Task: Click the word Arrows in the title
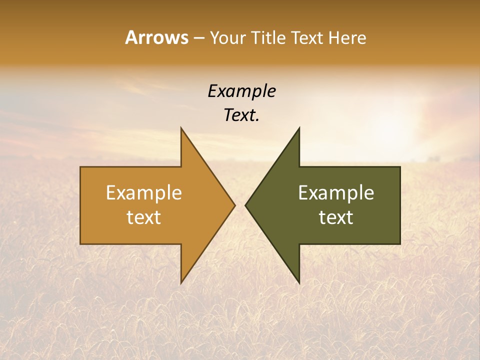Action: tap(156, 37)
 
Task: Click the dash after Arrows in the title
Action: tap(198, 38)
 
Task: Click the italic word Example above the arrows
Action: tap(241, 91)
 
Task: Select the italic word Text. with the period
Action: tap(241, 115)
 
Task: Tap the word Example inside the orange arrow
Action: tap(144, 192)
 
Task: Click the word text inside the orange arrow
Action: tap(144, 217)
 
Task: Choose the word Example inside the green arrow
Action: tap(336, 192)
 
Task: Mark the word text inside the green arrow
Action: tap(336, 217)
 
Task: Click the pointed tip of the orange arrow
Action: tap(234, 205)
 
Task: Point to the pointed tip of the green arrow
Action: tap(246, 205)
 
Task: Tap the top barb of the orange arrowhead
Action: tap(181, 128)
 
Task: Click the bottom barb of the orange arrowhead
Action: tap(181, 282)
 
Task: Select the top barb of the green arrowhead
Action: tap(299, 128)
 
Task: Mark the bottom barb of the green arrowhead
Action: tap(299, 282)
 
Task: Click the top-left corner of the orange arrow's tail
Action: tap(81, 167)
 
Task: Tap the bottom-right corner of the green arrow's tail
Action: tap(399, 243)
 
